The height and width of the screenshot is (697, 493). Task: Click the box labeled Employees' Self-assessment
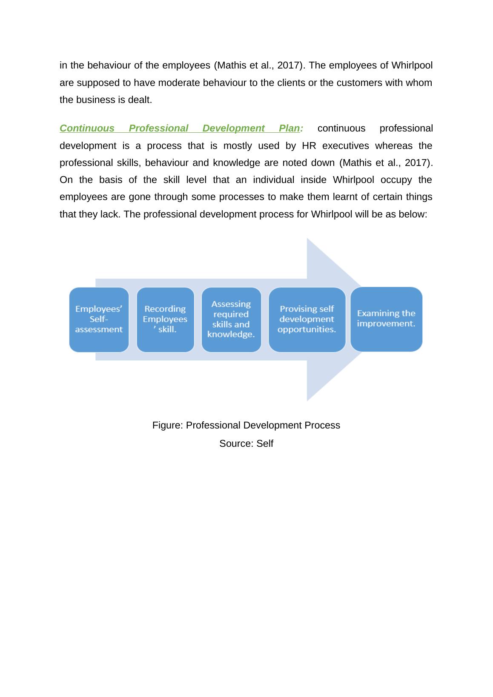point(99,319)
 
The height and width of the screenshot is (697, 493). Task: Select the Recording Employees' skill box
point(165,319)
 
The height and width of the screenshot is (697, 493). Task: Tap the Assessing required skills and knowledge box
point(231,319)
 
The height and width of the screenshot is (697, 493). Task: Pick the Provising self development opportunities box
point(307,319)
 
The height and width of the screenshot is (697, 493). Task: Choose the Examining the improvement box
point(386,319)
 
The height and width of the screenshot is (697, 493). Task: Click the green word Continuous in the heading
point(87,129)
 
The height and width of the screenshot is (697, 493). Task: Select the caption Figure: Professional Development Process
point(246,426)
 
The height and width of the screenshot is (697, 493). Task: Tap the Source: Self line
point(246,444)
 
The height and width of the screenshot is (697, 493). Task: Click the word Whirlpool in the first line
point(412,66)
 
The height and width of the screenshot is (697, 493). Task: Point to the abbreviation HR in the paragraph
point(309,146)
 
